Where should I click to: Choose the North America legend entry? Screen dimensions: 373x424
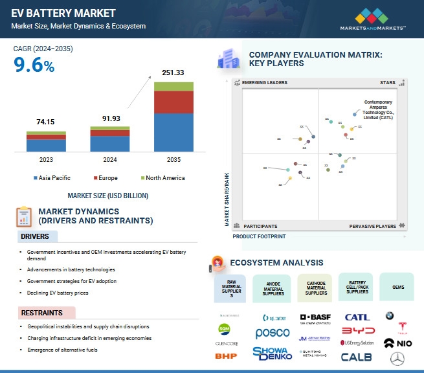(162, 178)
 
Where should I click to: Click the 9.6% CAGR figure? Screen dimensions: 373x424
(34, 65)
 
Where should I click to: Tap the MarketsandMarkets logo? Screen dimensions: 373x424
(373, 20)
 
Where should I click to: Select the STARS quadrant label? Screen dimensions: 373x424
(388, 83)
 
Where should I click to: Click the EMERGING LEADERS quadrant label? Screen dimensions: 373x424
(264, 83)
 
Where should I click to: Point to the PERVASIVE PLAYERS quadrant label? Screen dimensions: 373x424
(373, 226)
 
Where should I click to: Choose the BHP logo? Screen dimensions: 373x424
(226, 356)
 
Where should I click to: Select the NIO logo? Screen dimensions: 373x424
(397, 343)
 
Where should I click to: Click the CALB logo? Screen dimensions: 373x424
(357, 356)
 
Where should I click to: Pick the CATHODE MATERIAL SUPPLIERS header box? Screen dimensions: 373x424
(315, 288)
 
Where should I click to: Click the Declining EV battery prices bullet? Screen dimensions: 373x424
(62, 293)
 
